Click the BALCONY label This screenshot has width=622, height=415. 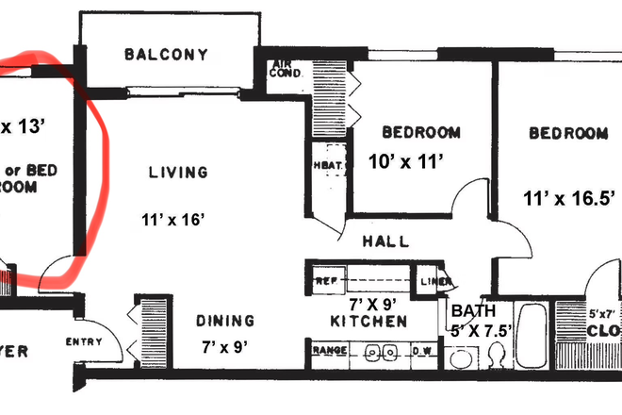point(166,55)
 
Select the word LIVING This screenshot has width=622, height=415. point(177,172)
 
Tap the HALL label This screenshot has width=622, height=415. point(385,241)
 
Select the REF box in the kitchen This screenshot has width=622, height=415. point(325,280)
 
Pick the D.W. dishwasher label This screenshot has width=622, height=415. point(422,352)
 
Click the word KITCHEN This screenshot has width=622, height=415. point(368,322)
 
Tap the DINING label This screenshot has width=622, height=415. point(225,321)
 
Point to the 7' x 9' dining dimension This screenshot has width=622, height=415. point(224,346)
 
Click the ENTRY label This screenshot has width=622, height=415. point(83,342)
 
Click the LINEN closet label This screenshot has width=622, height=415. point(433,280)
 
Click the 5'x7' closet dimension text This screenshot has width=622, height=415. point(602,312)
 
